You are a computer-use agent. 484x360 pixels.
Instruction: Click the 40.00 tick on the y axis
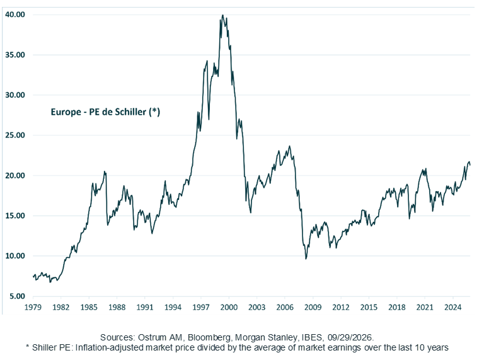(15, 15)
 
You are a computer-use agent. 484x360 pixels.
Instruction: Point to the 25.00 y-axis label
(15, 135)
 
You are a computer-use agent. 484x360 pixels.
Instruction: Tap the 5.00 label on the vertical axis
(17, 296)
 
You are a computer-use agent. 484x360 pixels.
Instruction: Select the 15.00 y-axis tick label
(15, 216)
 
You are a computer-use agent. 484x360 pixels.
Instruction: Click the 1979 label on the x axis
(33, 308)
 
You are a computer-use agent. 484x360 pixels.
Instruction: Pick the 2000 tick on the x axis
(229, 308)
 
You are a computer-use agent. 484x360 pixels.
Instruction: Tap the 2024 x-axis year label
(453, 308)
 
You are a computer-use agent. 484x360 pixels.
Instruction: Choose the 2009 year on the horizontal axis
(313, 308)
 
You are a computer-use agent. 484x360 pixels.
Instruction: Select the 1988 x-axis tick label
(117, 308)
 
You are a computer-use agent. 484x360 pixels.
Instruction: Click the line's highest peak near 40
(223, 15)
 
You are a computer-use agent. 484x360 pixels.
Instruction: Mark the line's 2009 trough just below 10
(306, 258)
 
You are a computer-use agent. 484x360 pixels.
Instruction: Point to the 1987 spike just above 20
(105, 171)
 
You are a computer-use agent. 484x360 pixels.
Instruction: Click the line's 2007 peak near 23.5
(289, 146)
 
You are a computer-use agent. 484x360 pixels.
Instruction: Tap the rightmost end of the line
(470, 165)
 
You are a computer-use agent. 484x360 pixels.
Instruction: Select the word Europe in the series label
(66, 112)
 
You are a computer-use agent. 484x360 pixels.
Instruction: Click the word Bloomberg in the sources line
(209, 337)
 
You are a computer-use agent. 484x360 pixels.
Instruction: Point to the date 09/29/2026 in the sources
(350, 337)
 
